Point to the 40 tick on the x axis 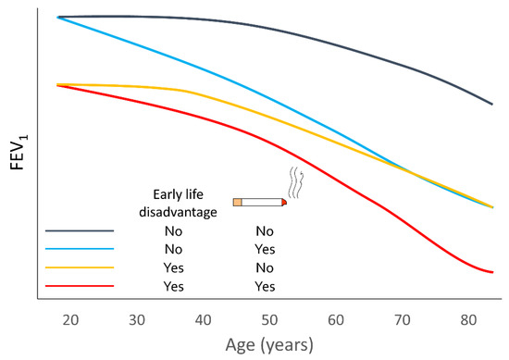201,319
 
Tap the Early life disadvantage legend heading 184,203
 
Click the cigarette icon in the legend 260,202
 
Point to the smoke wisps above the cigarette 294,182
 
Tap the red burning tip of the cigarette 284,202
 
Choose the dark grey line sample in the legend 80,230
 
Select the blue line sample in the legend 80,249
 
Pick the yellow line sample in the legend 80,267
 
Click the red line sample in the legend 80,286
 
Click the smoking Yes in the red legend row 265,286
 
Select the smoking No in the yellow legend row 265,267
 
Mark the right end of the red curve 491,272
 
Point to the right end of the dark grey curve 491,105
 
